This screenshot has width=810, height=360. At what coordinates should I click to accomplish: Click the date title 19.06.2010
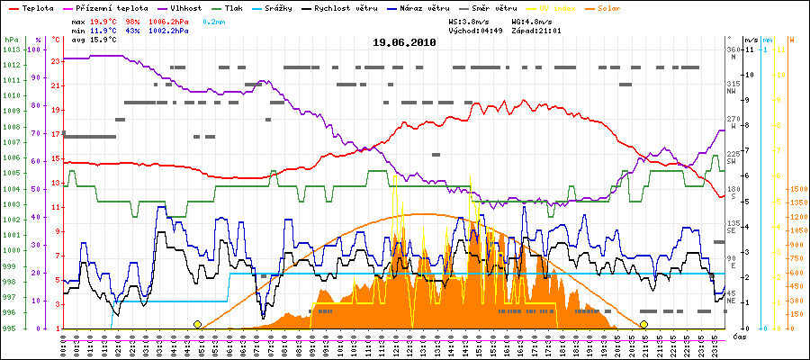click(x=404, y=42)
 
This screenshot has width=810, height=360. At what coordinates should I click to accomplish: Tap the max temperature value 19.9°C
click(x=105, y=20)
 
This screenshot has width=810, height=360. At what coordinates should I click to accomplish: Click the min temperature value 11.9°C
click(x=105, y=31)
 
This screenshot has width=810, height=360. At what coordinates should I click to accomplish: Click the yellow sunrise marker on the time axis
click(x=197, y=324)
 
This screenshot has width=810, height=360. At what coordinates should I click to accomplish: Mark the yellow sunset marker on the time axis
click(x=643, y=324)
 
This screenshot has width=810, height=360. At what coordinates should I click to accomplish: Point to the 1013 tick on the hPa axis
click(x=11, y=49)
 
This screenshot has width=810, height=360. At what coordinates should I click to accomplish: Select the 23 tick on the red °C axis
click(x=56, y=61)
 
